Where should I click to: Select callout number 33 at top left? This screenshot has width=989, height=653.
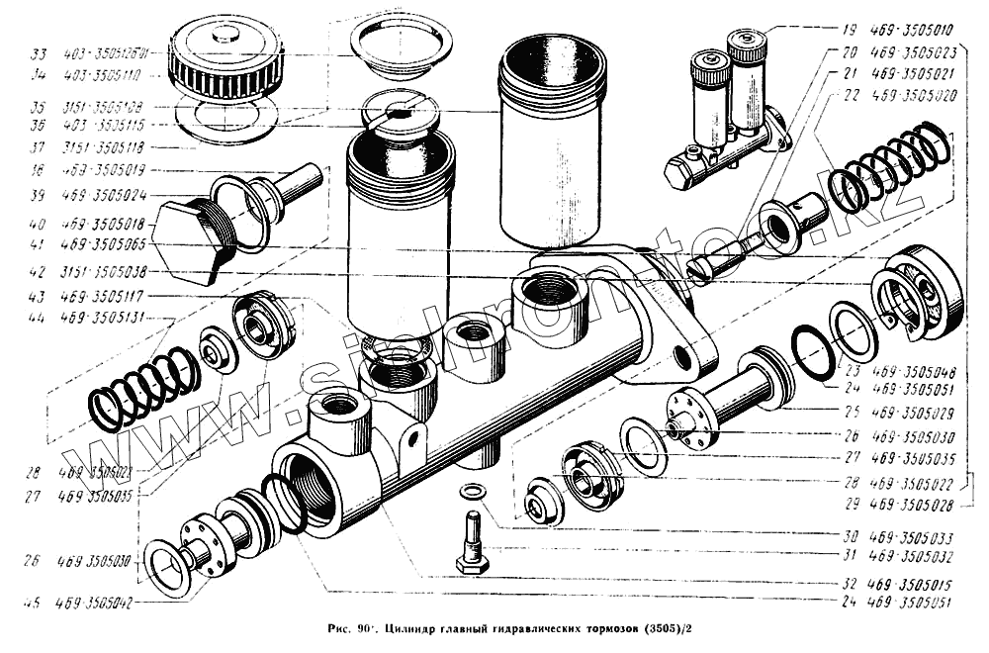[x=39, y=54]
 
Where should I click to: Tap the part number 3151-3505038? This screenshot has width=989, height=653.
[x=104, y=271]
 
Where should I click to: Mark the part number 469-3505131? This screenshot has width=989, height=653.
[x=104, y=318]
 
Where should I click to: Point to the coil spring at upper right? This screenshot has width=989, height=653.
[x=887, y=163]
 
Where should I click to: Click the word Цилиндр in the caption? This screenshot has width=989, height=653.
[x=415, y=628]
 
